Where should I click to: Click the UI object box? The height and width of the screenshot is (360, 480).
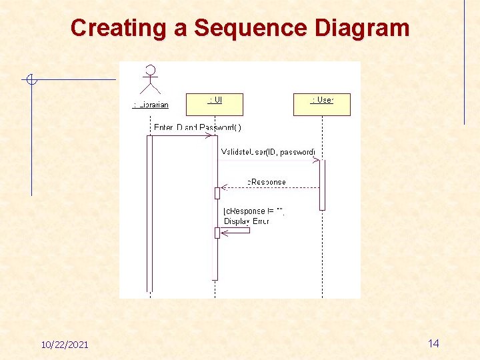[215, 104]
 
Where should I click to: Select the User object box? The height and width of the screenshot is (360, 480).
[321, 104]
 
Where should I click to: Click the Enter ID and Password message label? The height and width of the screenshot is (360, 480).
[197, 127]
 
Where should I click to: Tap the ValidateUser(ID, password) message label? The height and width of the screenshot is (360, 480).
[268, 152]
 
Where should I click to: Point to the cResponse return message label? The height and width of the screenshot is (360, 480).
[267, 181]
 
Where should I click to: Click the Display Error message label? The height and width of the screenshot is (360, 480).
[247, 221]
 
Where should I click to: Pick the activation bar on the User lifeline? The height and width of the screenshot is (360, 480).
[322, 185]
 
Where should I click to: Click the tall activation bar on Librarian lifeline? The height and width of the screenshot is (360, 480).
[150, 213]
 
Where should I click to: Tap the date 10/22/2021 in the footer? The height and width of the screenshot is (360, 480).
[64, 344]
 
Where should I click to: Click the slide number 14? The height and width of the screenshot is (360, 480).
[433, 343]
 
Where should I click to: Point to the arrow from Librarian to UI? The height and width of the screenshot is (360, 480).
[181, 136]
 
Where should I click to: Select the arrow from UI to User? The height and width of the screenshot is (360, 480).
[267, 160]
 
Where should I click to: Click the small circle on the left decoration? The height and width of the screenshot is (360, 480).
[31, 81]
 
